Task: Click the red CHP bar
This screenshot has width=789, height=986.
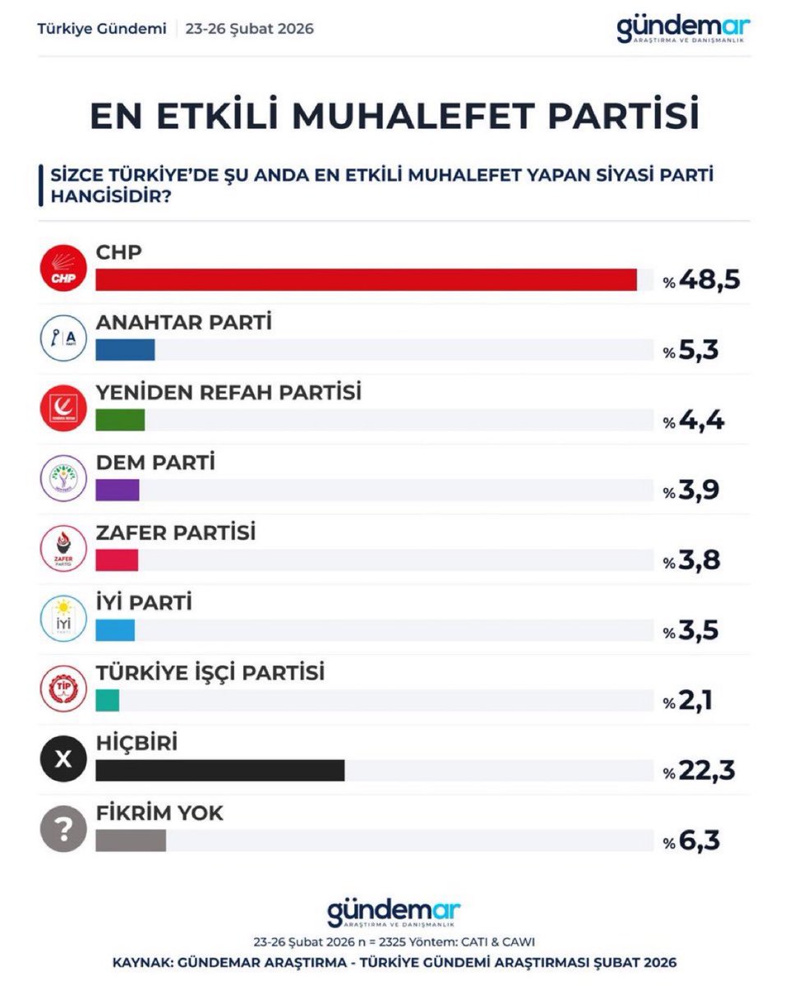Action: coord(367,279)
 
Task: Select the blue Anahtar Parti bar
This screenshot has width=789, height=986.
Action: coord(125,349)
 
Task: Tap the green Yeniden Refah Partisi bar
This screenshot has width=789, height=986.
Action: coord(120,420)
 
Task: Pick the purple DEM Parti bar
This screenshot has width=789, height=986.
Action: coord(118,490)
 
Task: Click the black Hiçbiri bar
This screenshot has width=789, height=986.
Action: coord(220,771)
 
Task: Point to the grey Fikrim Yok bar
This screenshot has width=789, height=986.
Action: coord(131,841)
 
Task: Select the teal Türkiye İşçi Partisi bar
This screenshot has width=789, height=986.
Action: coord(108,701)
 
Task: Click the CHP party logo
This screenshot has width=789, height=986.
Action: coord(63,269)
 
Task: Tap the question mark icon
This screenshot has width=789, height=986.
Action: coord(63,831)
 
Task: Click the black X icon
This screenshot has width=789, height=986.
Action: coord(63,760)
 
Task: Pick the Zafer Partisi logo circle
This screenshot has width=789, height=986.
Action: coord(63,549)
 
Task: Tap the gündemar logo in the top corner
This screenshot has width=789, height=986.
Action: coord(683,30)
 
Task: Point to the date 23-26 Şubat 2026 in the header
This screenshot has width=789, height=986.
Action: coord(250,29)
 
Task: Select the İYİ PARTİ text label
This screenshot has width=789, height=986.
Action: coord(144,602)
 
